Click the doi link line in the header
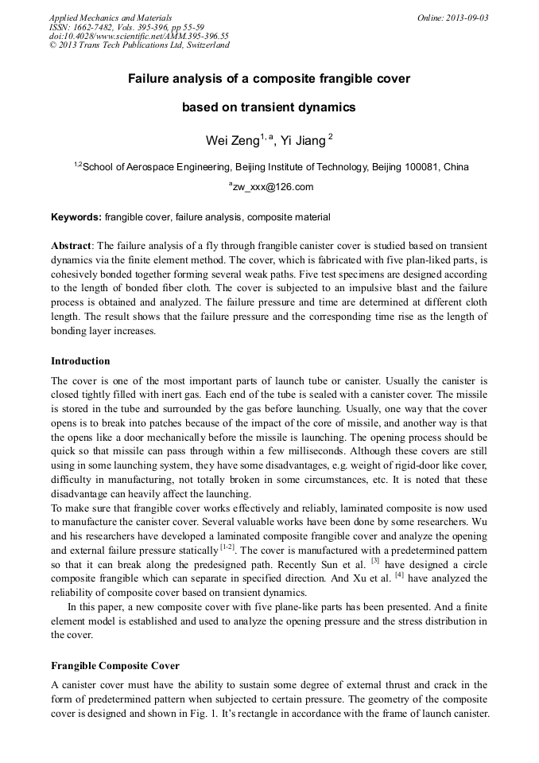pos(138,37)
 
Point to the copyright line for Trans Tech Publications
pos(139,45)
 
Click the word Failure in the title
pos(149,80)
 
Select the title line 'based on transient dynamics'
pos(269,107)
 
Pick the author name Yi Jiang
pos(303,141)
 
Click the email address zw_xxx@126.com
pos(271,188)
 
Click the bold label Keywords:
pos(76,217)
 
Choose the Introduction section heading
pos(80,361)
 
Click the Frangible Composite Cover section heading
pos(115,665)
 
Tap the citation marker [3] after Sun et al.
pos(374,561)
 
